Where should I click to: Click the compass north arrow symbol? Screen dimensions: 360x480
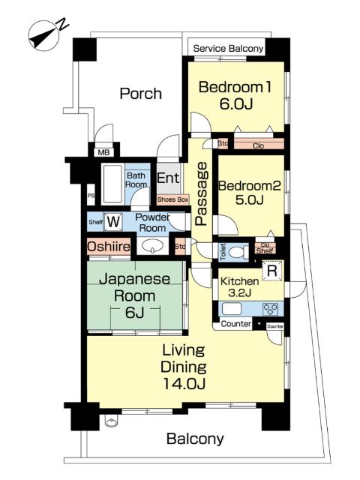[x=43, y=35]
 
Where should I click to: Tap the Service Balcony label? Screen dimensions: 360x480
[x=228, y=49]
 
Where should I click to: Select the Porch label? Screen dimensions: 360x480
[x=140, y=93]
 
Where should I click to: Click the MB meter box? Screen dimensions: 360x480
[x=103, y=151]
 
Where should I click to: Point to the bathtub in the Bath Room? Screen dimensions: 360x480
[x=112, y=184]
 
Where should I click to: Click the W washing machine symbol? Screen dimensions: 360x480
[x=113, y=221]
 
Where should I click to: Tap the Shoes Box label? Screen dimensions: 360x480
[x=172, y=199]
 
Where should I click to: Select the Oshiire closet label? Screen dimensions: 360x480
[x=109, y=246]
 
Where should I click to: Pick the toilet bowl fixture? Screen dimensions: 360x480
[x=237, y=252]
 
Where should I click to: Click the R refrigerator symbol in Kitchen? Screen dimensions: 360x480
[x=272, y=271]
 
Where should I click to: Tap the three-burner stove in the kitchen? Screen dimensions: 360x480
[x=271, y=308]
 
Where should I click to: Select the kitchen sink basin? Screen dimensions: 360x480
[x=232, y=309]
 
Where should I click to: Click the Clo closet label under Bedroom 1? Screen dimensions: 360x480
[x=258, y=146]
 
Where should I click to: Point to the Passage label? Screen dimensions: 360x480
[x=201, y=193]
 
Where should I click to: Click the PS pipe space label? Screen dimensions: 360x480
[x=91, y=195]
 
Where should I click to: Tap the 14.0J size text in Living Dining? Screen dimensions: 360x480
[x=184, y=383]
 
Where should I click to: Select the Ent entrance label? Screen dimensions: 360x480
[x=168, y=178]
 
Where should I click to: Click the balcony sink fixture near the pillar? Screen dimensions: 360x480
[x=111, y=421]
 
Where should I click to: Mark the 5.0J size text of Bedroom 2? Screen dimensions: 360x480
[x=250, y=200]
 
